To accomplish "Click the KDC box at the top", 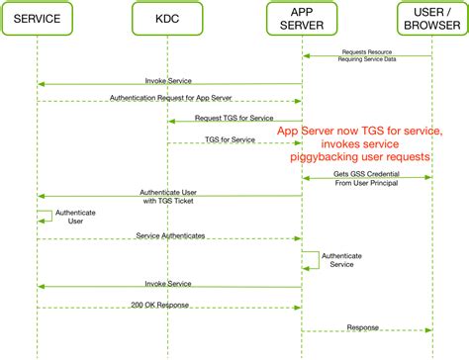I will coord(167,19).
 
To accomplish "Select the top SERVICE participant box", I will coord(38,19).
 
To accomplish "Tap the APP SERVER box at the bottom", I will coord(301,345).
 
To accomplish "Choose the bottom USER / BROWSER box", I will coord(432,345).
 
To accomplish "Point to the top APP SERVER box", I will coord(301,19).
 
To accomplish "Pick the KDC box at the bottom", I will coord(167,345).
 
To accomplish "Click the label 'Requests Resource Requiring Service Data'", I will coord(367,54).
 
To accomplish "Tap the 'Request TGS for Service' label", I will coord(234,118).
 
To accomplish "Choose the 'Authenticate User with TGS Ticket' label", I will coord(169,196).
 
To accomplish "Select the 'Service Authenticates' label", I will coord(170,234).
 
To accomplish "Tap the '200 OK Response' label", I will coord(161,305).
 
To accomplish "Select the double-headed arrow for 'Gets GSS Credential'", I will coord(366,178).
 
